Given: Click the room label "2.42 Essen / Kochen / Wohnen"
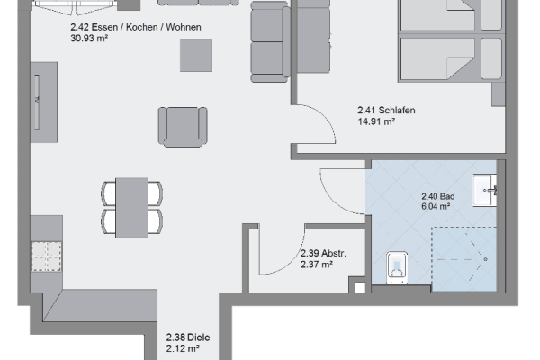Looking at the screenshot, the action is pos(136,27).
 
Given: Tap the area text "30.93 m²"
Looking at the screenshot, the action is pos(89,38).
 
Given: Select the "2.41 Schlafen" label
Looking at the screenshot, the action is pos(386,110).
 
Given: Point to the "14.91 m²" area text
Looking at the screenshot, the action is pos(376,121).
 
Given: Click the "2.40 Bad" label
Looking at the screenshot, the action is pos(438,196).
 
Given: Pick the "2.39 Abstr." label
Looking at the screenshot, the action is pos(323,254).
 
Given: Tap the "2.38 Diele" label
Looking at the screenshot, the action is pos(188,337).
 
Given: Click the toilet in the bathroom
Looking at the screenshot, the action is pos(397,267).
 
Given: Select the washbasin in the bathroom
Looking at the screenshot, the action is pos(484,191).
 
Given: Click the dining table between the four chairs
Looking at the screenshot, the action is pos(132,207).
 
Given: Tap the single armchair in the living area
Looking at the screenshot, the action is pos(183,127).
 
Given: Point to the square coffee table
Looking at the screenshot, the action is pos(196,56).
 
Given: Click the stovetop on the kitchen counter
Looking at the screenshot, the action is pos(47,256).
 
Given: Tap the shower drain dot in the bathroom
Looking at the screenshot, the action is pos(486,259).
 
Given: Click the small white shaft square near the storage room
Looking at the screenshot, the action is pos(360,288).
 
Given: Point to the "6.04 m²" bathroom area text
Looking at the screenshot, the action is pos(436,206).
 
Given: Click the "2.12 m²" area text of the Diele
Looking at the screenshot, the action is pos(183,348).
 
